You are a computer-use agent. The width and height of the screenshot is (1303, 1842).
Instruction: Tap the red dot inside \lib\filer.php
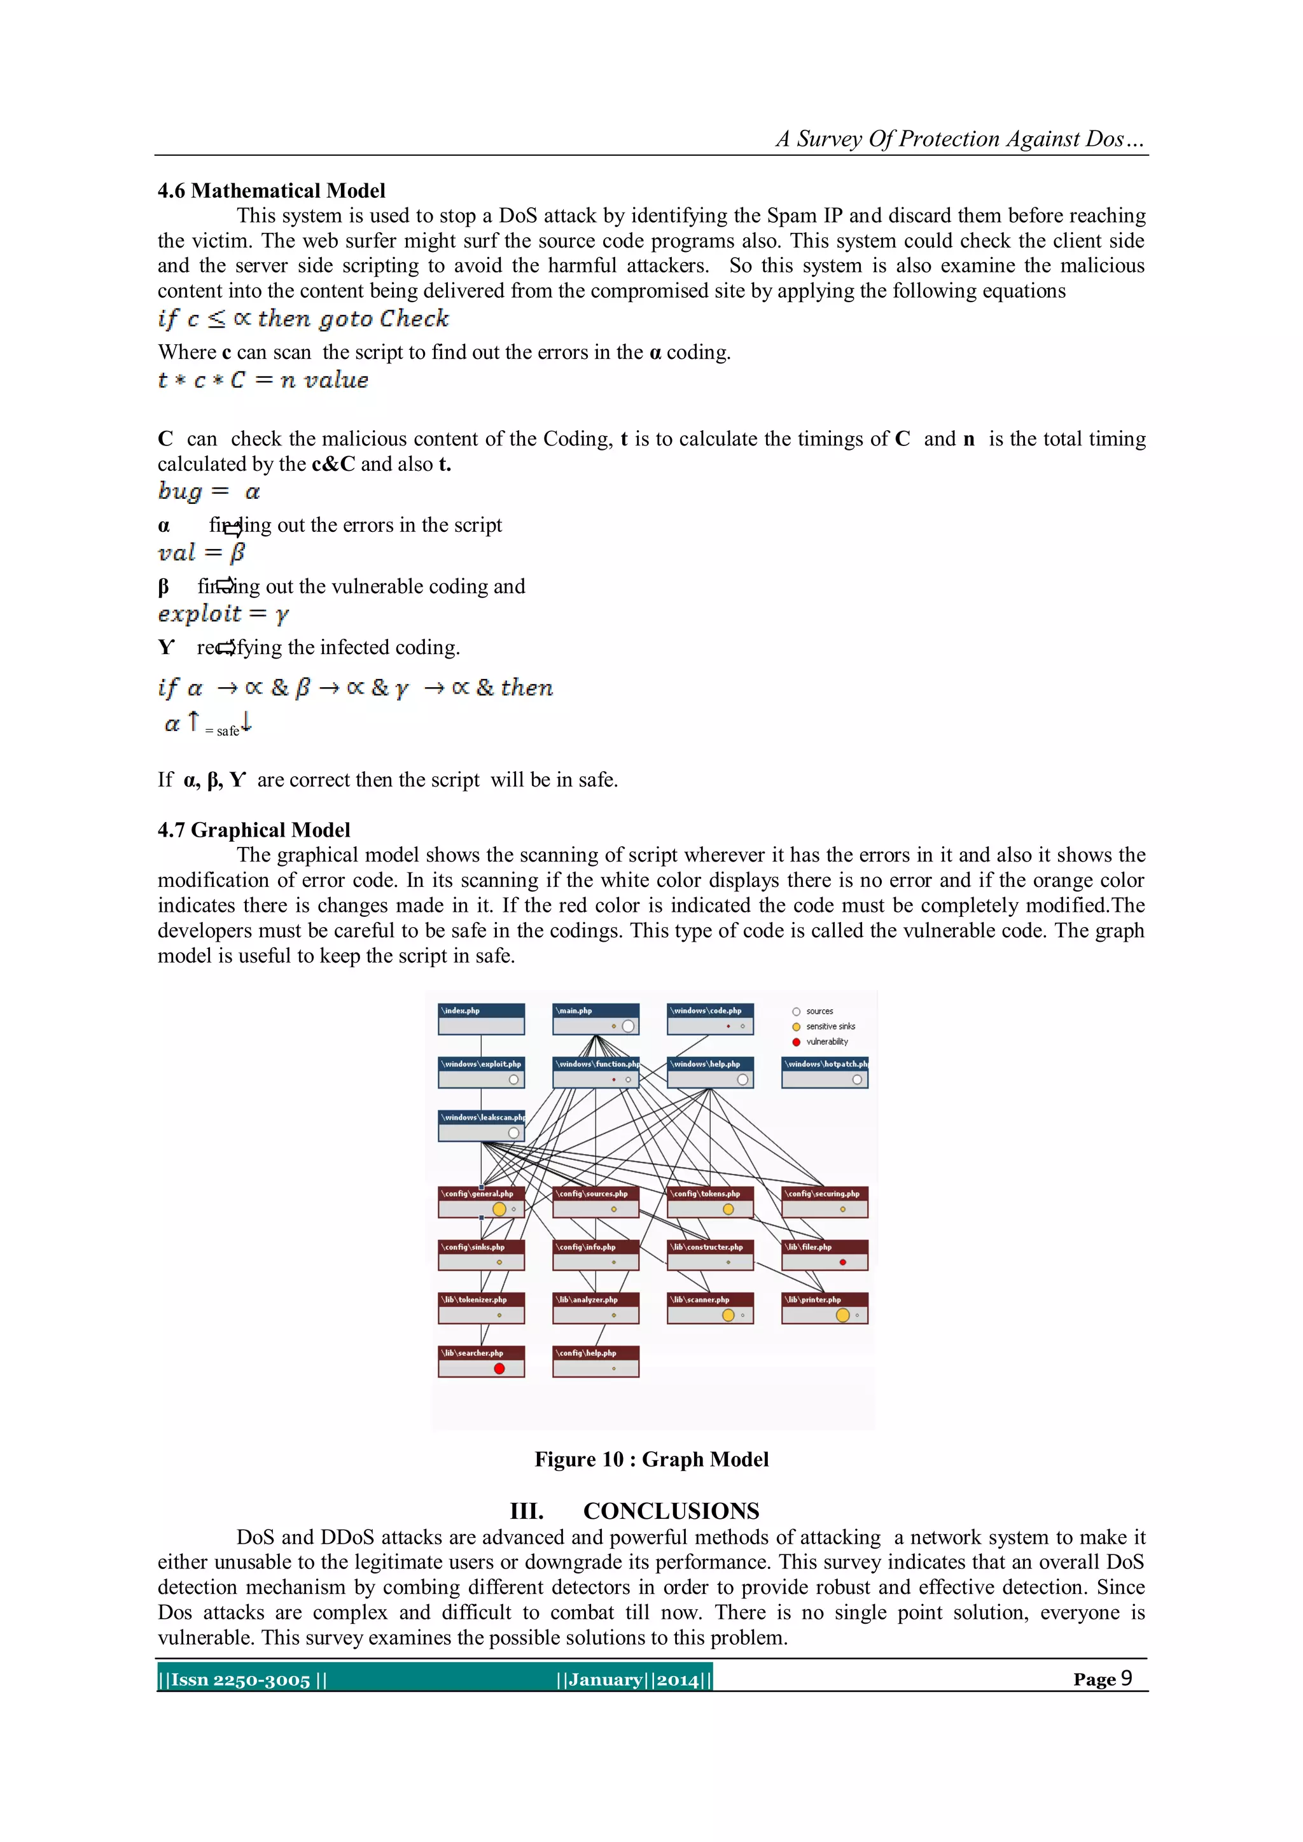(x=842, y=1262)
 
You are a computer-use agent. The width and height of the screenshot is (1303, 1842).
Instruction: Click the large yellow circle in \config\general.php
(x=499, y=1209)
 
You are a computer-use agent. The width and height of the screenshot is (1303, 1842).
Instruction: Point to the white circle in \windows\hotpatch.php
(x=857, y=1080)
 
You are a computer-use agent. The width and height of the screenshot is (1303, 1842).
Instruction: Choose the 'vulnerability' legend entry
(x=826, y=1042)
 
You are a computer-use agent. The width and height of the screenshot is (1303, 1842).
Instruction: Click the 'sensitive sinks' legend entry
(x=830, y=1027)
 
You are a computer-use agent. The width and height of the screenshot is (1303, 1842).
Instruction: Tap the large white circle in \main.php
(x=628, y=1026)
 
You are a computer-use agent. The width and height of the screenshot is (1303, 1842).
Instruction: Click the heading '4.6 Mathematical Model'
(x=271, y=191)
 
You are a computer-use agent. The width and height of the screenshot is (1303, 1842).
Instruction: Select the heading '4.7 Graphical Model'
(x=254, y=830)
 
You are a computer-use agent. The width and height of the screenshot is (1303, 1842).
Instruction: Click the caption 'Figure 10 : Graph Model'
(x=651, y=1460)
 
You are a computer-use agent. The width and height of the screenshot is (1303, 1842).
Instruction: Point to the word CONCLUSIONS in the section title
(x=671, y=1512)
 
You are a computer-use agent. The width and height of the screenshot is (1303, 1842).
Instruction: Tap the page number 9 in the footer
(x=1127, y=1678)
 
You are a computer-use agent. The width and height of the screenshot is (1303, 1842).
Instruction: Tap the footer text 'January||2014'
(x=634, y=1679)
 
